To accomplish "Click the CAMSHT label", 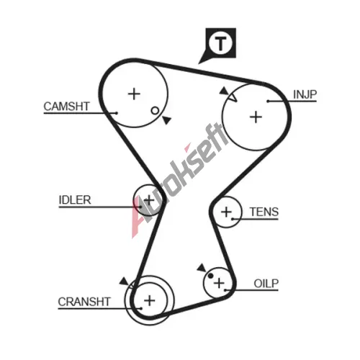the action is click(x=66, y=107).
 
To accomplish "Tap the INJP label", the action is click(x=305, y=94).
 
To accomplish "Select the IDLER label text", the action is click(x=75, y=200).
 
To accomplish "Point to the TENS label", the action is click(x=264, y=212).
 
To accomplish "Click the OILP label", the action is click(x=266, y=284).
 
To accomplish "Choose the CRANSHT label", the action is click(x=84, y=302).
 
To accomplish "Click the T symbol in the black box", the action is click(x=220, y=44).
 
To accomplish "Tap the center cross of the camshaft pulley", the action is click(x=134, y=94).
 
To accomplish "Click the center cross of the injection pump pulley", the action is click(x=256, y=117).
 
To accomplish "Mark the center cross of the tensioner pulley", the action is click(x=226, y=212).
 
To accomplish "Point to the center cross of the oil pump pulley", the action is click(x=219, y=283).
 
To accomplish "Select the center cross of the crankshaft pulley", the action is click(x=150, y=300).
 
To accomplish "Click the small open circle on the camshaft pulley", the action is click(x=155, y=111).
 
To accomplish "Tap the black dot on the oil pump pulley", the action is click(x=210, y=276).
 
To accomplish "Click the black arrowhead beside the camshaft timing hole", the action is click(x=167, y=120).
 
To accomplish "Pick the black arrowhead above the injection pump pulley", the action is click(x=224, y=91).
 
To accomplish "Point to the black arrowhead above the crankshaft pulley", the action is click(x=124, y=282).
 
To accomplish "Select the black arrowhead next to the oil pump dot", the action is click(x=202, y=268).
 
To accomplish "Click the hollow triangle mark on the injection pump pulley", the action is click(x=233, y=97).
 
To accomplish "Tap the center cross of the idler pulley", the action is click(x=149, y=200).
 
